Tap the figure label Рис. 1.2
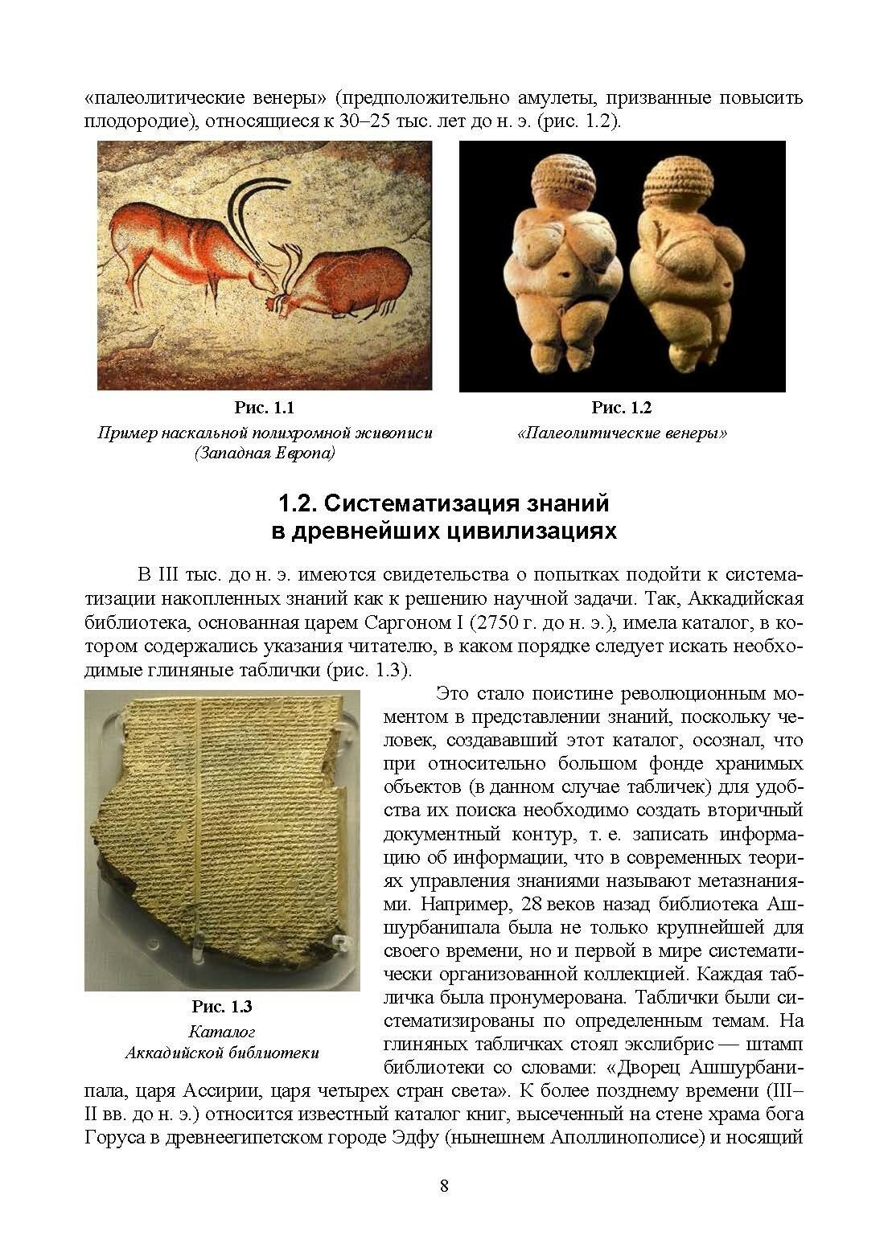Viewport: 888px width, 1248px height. click(621, 408)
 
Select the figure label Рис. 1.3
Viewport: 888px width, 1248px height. click(222, 1006)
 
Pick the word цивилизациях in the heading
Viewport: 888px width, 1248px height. click(543, 532)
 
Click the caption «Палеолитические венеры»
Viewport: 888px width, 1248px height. click(622, 433)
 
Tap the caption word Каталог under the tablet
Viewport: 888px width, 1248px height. click(221, 1030)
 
